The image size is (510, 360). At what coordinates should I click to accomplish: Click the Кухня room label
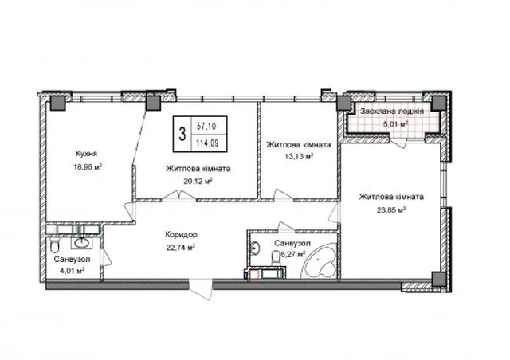tap(86, 153)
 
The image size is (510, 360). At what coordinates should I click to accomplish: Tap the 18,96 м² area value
tap(88, 167)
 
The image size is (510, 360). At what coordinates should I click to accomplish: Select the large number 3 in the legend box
tap(182, 134)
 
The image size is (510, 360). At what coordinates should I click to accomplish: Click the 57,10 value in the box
tap(206, 126)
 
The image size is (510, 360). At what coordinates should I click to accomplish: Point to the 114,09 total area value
tap(207, 143)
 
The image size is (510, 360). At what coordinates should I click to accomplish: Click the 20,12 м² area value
tap(198, 181)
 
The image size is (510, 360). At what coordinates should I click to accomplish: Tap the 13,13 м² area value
tap(299, 156)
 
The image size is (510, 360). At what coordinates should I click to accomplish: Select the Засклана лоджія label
tap(391, 112)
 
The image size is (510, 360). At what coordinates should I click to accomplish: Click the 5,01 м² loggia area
tap(396, 124)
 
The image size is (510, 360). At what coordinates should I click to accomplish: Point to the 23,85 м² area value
tap(391, 210)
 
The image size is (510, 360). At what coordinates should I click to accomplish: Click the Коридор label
tap(181, 234)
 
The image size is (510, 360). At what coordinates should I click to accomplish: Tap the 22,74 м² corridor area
tap(181, 248)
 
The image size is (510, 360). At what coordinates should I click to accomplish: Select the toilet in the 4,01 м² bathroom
tap(55, 246)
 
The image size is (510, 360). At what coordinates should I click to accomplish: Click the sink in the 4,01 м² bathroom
tap(81, 242)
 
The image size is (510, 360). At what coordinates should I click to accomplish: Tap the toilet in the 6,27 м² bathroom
tap(276, 256)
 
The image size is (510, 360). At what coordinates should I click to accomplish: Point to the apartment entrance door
tap(202, 290)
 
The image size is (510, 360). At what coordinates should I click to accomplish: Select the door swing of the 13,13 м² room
tap(284, 195)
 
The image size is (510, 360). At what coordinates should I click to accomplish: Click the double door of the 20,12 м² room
tap(179, 196)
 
